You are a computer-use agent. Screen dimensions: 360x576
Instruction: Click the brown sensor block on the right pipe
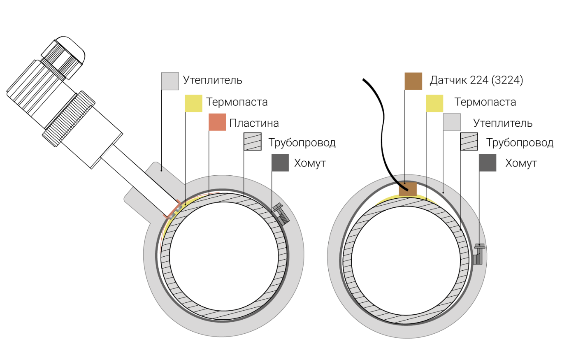click(408, 190)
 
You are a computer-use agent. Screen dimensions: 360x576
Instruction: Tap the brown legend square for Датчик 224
click(413, 81)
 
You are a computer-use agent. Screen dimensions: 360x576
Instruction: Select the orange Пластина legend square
click(217, 122)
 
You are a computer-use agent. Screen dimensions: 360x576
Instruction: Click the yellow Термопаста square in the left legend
click(193, 103)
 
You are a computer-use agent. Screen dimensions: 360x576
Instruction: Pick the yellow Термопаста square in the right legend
click(434, 103)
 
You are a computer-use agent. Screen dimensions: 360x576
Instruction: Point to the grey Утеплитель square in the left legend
click(170, 81)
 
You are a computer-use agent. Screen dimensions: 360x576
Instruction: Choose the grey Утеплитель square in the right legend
click(452, 122)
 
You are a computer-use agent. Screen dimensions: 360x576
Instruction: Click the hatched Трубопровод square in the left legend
click(253, 142)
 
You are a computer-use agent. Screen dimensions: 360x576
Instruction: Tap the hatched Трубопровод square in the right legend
click(469, 142)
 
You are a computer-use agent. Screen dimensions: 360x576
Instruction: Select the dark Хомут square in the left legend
click(280, 163)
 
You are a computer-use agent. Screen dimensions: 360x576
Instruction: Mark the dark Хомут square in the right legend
click(488, 163)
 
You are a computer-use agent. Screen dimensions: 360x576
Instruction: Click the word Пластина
click(254, 123)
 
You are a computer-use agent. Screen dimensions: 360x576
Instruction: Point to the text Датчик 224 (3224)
click(476, 80)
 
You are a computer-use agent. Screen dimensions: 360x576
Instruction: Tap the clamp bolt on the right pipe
click(478, 253)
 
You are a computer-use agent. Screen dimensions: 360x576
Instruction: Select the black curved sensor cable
click(383, 132)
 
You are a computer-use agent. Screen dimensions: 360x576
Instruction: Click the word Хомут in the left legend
click(310, 163)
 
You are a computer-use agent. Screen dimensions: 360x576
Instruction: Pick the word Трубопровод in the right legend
click(520, 143)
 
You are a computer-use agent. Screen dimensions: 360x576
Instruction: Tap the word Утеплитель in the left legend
click(212, 80)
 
